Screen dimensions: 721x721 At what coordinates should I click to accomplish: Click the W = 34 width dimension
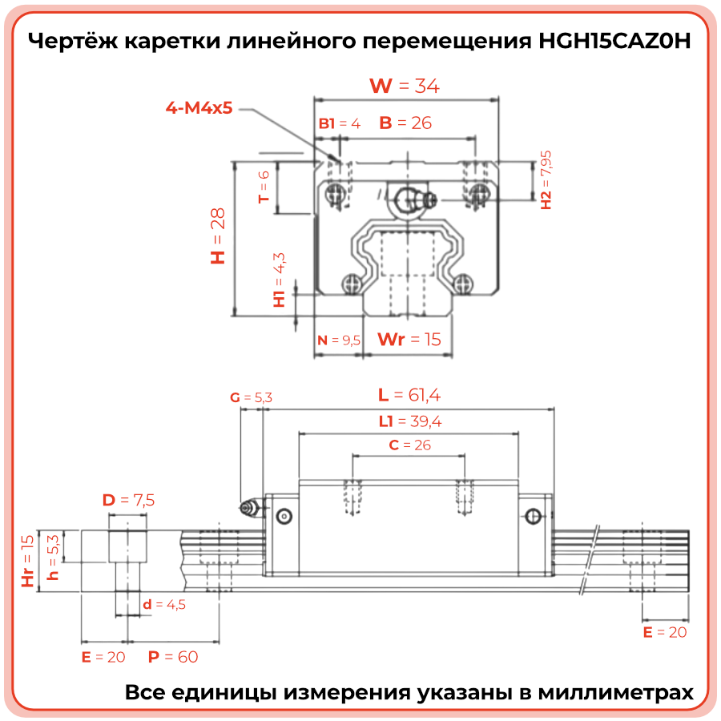click(404, 86)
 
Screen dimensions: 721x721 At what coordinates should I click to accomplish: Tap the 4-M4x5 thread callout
click(199, 107)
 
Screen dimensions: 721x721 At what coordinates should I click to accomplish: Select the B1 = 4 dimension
click(340, 123)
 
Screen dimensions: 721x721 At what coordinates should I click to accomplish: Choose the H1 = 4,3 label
click(279, 280)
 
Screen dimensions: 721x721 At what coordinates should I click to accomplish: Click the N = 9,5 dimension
click(339, 340)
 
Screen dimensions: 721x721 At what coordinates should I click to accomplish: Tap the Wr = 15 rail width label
click(409, 339)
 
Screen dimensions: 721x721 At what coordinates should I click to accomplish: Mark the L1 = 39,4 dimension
click(410, 421)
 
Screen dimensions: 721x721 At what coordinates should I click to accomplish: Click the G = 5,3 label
click(251, 397)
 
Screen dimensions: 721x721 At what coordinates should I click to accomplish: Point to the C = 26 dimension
click(409, 445)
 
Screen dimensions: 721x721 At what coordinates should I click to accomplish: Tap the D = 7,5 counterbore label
click(128, 501)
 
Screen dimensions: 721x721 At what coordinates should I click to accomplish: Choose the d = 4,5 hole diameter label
click(164, 604)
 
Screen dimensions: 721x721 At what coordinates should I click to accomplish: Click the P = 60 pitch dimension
click(173, 658)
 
